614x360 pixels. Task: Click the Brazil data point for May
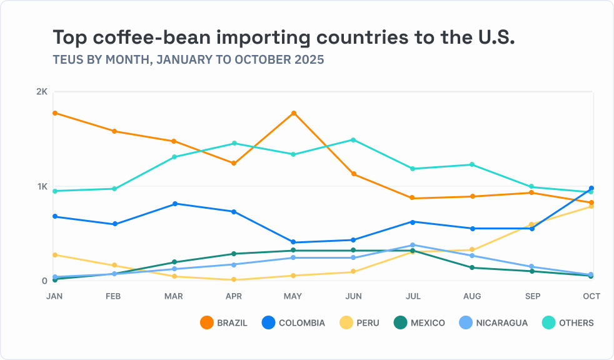294,113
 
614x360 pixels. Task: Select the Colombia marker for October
591,188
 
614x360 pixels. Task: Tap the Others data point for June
353,140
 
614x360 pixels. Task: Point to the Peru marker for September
532,224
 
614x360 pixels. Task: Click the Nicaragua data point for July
413,245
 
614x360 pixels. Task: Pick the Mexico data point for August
472,267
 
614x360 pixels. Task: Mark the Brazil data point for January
55,113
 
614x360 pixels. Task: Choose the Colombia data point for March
174,204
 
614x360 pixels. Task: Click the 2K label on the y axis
42,92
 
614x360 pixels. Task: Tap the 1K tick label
42,186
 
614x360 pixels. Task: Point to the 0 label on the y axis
44,281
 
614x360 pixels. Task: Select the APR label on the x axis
234,296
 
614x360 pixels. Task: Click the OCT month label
591,296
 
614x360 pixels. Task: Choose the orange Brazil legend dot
206,323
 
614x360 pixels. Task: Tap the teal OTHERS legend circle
548,323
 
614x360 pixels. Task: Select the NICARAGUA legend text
501,323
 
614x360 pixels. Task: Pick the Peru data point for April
234,280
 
